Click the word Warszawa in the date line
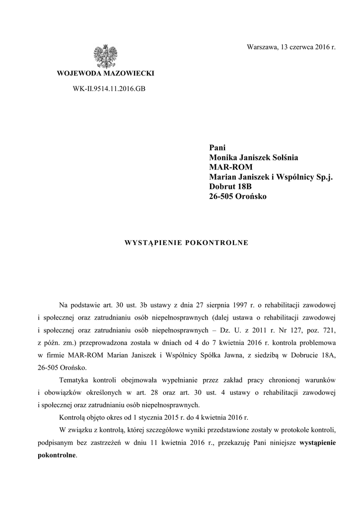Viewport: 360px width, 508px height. (263, 48)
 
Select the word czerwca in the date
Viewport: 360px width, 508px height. (304, 48)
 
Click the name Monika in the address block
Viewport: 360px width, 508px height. (222, 157)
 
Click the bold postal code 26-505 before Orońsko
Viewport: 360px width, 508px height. (222, 197)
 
